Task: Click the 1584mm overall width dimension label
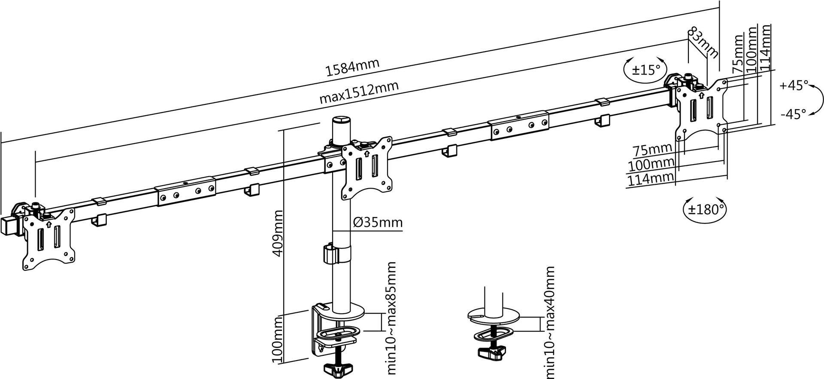[x=352, y=67]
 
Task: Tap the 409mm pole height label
[x=278, y=233]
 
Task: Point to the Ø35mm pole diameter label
[x=378, y=223]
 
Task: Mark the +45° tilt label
[x=794, y=86]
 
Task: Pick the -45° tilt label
[x=794, y=114]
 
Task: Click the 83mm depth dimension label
[x=703, y=43]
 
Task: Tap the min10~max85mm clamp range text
[x=391, y=319]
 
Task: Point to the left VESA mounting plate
[x=48, y=238]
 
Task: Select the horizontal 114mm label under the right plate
[x=651, y=179]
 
